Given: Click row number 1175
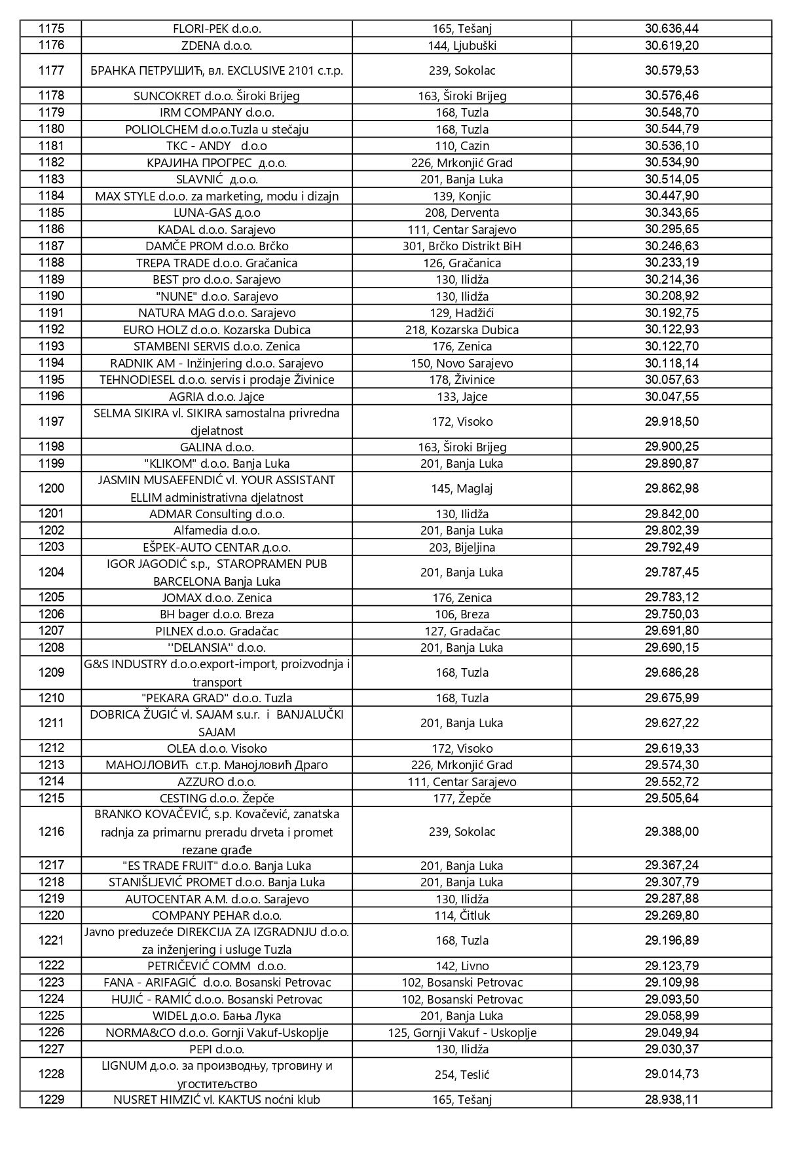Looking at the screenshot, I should point(51,28).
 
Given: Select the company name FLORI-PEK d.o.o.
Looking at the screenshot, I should point(217,29).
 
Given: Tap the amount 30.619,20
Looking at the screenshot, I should point(671,45).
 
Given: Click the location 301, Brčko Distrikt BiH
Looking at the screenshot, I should point(462,246).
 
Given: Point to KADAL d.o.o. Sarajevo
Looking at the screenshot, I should point(217,230).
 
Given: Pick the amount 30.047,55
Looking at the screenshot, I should point(671,396).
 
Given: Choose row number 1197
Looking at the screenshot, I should point(51,421).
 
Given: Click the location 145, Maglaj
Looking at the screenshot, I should point(462,488).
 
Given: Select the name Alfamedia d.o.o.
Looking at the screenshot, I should point(217,531).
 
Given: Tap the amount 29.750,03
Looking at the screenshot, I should point(671,614).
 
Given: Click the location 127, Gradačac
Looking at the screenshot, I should point(462,631).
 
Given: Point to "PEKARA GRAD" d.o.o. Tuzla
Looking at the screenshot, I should point(217,698).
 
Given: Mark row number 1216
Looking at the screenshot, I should point(51,831).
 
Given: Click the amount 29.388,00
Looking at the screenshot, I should point(671,831).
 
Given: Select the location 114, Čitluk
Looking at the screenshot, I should point(462,915).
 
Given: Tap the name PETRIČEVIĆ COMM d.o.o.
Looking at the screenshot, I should point(217,966).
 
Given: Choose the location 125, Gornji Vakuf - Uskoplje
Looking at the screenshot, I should point(462,1032).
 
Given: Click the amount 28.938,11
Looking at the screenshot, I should point(671,1099).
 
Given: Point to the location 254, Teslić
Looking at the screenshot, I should point(462,1074).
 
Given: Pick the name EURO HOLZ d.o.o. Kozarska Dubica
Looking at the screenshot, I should point(217,330).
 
